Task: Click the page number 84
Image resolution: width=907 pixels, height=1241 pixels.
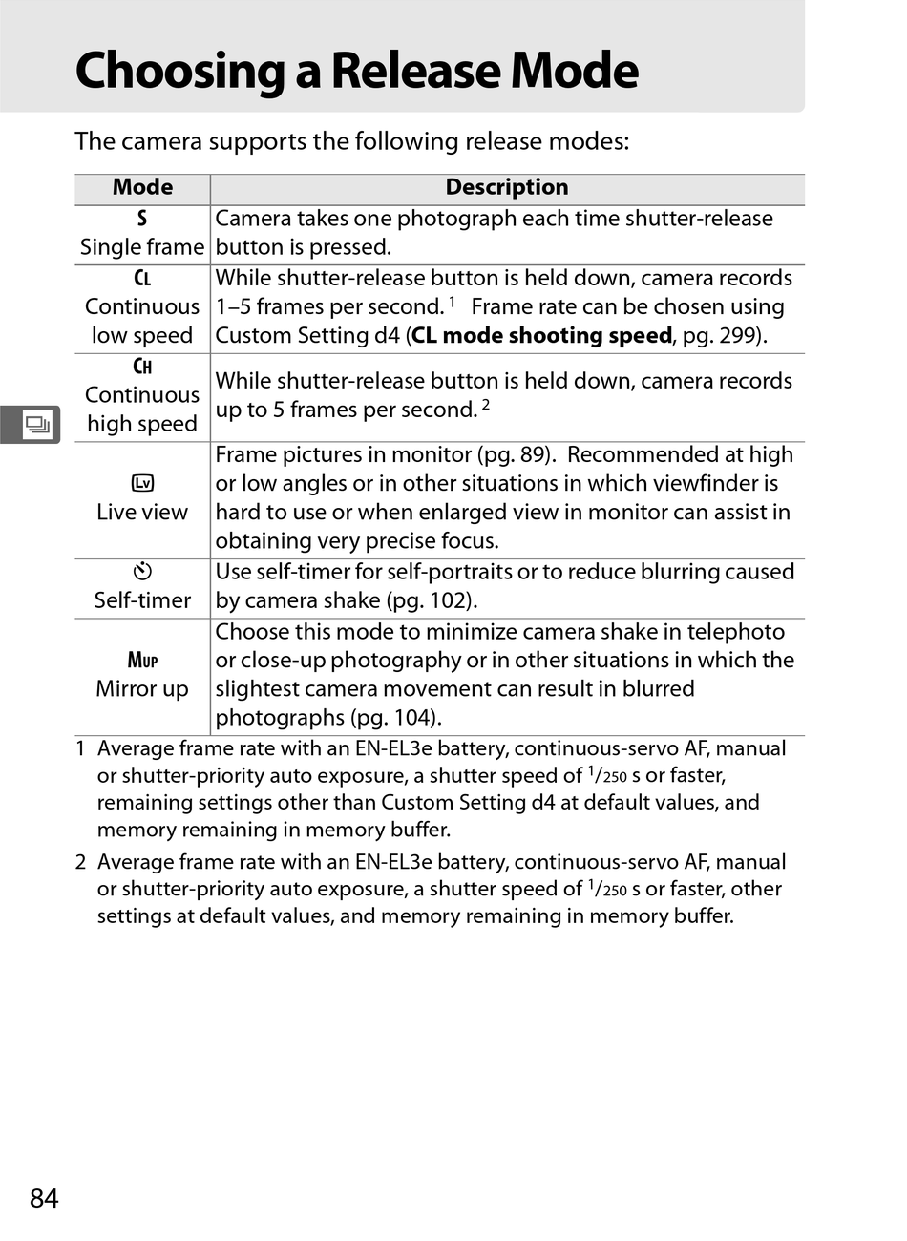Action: point(44,1198)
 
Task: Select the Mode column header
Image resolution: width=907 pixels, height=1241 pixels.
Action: point(142,187)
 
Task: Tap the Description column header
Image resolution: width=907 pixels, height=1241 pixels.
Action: point(506,187)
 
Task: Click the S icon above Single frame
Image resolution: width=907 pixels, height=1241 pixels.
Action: point(142,219)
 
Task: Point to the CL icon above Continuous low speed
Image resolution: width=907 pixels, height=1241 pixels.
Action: point(142,279)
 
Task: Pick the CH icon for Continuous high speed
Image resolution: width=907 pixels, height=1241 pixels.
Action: point(142,367)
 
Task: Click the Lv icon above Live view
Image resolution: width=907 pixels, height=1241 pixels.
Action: point(142,484)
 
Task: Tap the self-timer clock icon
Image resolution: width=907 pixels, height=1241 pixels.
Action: point(142,572)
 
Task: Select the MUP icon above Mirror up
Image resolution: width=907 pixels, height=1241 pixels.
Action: point(142,660)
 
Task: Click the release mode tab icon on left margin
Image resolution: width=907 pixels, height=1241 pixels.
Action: point(36,424)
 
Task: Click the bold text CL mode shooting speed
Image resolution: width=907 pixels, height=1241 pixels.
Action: point(541,336)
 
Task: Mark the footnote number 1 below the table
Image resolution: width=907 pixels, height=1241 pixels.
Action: point(81,748)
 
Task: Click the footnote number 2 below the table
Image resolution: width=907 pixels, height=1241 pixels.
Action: point(81,862)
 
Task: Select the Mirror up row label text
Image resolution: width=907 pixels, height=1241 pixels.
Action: point(142,689)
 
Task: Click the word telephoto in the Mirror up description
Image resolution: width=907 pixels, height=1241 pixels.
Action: point(735,632)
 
